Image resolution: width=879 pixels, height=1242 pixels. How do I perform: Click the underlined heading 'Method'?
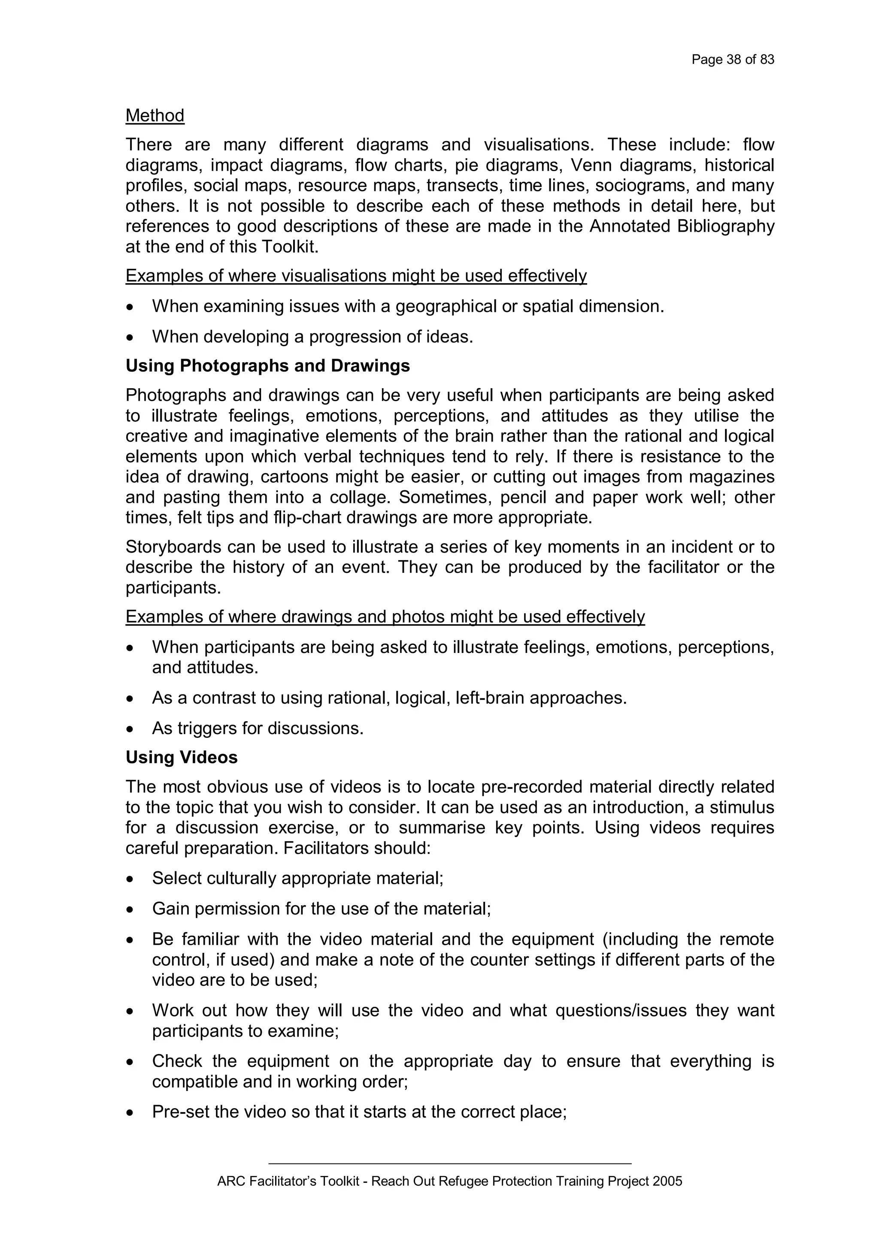[x=155, y=115]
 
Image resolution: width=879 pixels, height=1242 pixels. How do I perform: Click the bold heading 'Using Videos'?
[x=181, y=757]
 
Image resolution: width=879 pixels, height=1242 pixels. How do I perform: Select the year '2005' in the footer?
[x=667, y=1182]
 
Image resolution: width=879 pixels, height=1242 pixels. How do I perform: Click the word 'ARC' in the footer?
[x=228, y=1182]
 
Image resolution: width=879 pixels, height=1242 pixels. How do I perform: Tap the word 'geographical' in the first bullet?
[x=446, y=307]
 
